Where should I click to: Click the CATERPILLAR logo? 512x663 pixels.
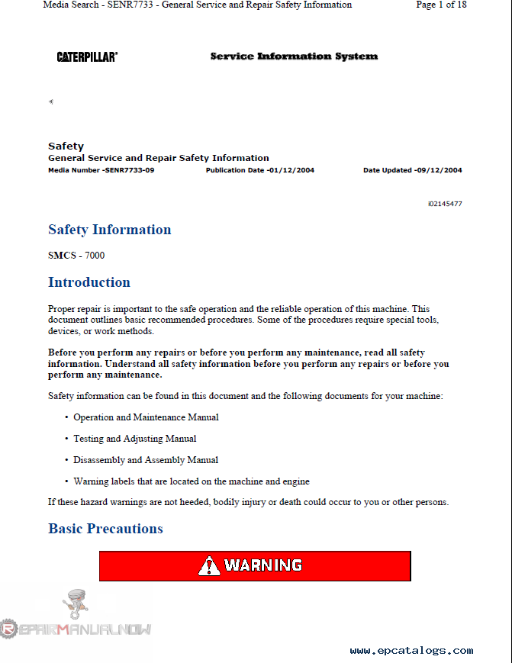pyautogui.click(x=87, y=56)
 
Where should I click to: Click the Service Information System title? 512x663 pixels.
pyautogui.click(x=294, y=56)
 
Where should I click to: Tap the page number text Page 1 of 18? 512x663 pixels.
pyautogui.click(x=441, y=5)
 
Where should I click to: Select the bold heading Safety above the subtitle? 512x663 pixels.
pyautogui.click(x=66, y=146)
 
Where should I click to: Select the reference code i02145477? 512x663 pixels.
pyautogui.click(x=444, y=204)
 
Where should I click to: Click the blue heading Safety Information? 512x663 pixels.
pyautogui.click(x=109, y=230)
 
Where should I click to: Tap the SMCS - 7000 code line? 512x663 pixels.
pyautogui.click(x=76, y=256)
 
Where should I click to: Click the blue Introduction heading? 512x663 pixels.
pyautogui.click(x=89, y=282)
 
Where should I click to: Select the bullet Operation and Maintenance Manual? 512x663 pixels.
pyautogui.click(x=146, y=417)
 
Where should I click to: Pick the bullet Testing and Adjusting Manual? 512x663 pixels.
pyautogui.click(x=134, y=439)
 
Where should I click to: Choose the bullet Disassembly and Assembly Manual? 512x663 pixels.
pyautogui.click(x=146, y=460)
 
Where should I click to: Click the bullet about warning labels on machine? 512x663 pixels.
pyautogui.click(x=191, y=481)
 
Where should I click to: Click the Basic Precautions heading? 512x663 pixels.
pyautogui.click(x=105, y=529)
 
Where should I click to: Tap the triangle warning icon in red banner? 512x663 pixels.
pyautogui.click(x=209, y=566)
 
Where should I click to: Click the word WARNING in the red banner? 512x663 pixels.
pyautogui.click(x=263, y=566)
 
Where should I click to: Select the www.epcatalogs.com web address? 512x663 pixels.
pyautogui.click(x=411, y=651)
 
